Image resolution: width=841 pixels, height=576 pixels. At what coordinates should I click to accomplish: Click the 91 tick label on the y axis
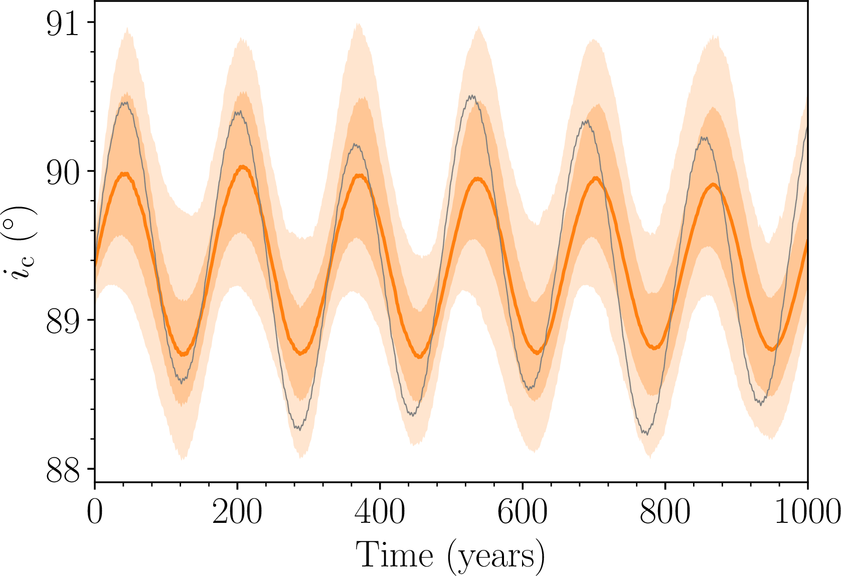tap(63, 24)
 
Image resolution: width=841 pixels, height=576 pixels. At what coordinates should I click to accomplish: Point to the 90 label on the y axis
tap(63, 173)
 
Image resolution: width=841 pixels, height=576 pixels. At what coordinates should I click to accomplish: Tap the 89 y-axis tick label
tap(63, 322)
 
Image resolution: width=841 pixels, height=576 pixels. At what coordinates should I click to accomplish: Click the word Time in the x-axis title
tap(395, 555)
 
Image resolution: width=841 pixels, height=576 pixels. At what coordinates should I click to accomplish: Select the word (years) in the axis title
tap(496, 556)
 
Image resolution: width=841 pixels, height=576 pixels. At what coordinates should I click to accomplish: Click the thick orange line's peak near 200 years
tap(243, 166)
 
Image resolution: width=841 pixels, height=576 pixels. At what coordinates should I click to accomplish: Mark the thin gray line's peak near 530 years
tap(471, 96)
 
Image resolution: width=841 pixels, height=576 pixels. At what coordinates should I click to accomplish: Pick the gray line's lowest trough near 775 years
tap(647, 434)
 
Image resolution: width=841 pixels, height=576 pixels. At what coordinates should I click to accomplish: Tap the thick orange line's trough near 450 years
tap(419, 356)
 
